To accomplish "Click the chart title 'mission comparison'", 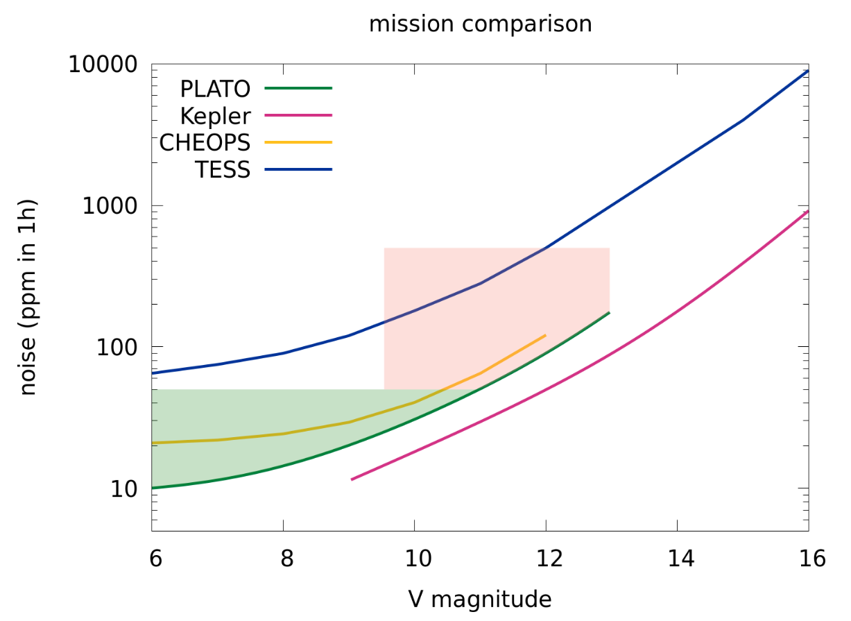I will [x=480, y=24].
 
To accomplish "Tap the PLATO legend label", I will [x=214, y=89].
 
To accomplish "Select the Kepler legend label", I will [x=214, y=116].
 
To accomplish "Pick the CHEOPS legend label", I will [x=205, y=143].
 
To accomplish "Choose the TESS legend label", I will [x=222, y=170].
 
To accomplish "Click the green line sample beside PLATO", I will [x=298, y=88].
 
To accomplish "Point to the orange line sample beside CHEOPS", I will [x=298, y=142].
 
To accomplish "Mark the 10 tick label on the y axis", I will [x=125, y=488].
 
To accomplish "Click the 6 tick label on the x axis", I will [x=153, y=559].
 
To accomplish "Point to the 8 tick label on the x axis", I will [x=283, y=559].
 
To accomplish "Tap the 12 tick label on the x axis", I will [x=546, y=559].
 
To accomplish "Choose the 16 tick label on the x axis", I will [x=808, y=559].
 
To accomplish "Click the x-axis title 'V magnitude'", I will [x=480, y=598].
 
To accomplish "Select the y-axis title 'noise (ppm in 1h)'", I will [x=28, y=298].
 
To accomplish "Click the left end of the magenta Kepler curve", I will [x=352, y=479].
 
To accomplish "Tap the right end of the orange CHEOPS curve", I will [x=545, y=335].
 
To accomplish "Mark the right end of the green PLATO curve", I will [x=609, y=313].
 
